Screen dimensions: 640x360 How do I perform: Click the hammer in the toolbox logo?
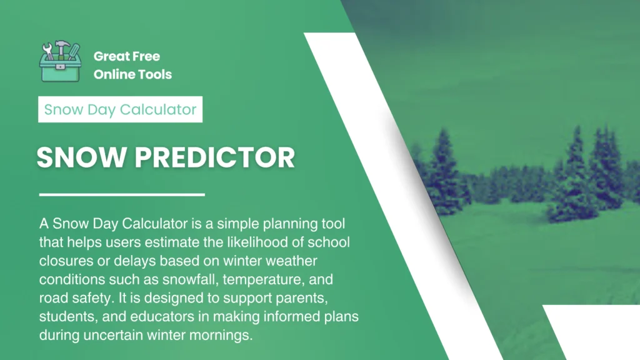[x=61, y=48]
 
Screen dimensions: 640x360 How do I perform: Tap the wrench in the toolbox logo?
[x=48, y=51]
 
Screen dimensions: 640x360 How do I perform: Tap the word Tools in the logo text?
[x=152, y=74]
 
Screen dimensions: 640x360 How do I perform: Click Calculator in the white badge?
[x=158, y=109]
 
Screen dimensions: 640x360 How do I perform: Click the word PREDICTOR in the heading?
[x=215, y=157]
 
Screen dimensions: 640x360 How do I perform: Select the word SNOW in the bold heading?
[x=81, y=157]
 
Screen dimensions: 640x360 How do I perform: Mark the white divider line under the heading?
[x=122, y=195]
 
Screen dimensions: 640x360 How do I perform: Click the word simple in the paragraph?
[x=238, y=224]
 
